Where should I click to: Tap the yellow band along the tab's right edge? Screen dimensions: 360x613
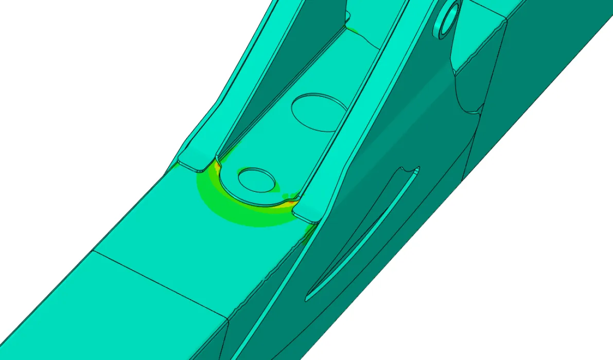pyautogui.click(x=288, y=199)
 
